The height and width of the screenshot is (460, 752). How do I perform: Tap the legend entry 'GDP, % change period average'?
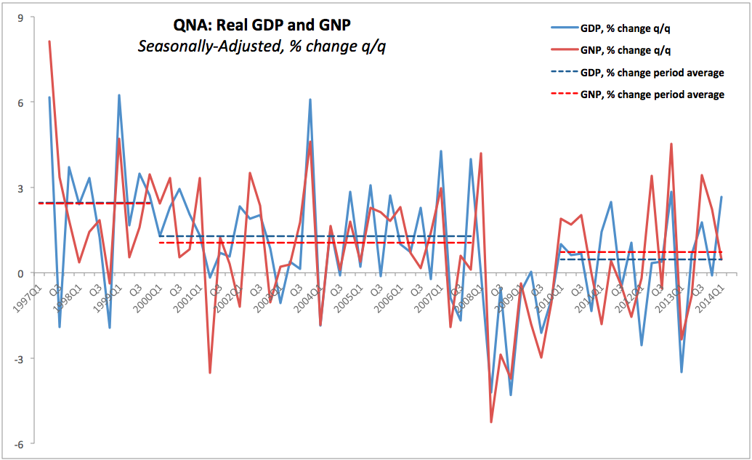pos(652,73)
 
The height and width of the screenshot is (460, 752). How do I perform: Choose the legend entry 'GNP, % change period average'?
pos(652,94)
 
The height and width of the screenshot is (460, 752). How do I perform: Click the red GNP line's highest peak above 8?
pos(49,41)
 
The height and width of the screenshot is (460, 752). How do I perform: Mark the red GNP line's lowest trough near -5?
pos(491,421)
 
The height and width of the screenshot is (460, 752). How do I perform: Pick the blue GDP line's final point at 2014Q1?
pos(721,197)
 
